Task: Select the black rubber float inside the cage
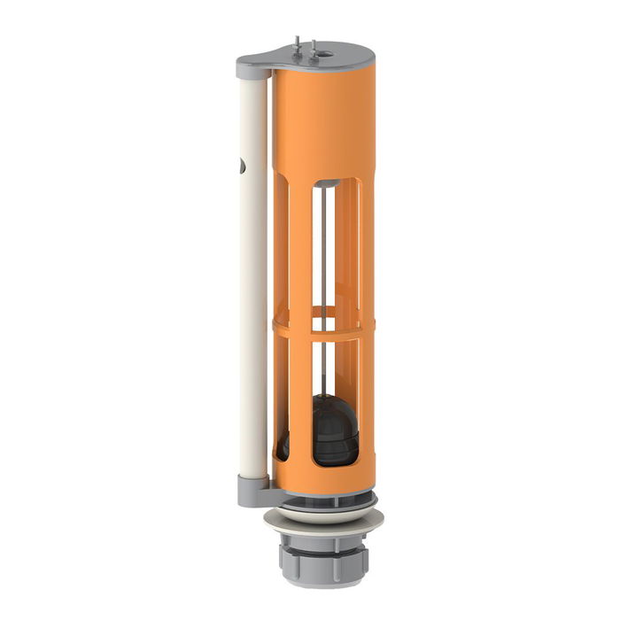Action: (335, 434)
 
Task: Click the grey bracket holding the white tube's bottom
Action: (252, 484)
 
